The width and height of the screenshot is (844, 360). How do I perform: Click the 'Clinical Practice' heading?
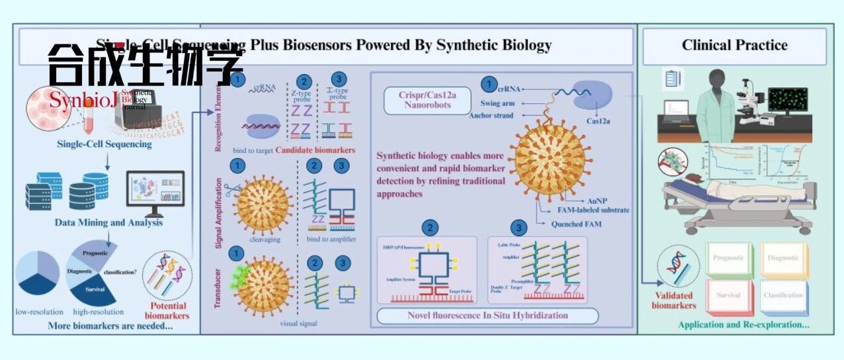[x=734, y=45]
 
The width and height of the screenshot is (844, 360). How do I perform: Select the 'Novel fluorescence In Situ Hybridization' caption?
[x=487, y=316]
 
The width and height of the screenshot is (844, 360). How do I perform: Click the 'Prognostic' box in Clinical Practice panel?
[x=728, y=258]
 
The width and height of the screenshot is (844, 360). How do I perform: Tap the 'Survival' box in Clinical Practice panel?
[x=728, y=295]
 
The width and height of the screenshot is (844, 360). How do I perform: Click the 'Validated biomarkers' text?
[x=673, y=300]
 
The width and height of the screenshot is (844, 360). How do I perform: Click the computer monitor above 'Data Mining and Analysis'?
[x=155, y=191]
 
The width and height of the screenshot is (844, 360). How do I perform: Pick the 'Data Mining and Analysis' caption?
[x=108, y=222]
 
